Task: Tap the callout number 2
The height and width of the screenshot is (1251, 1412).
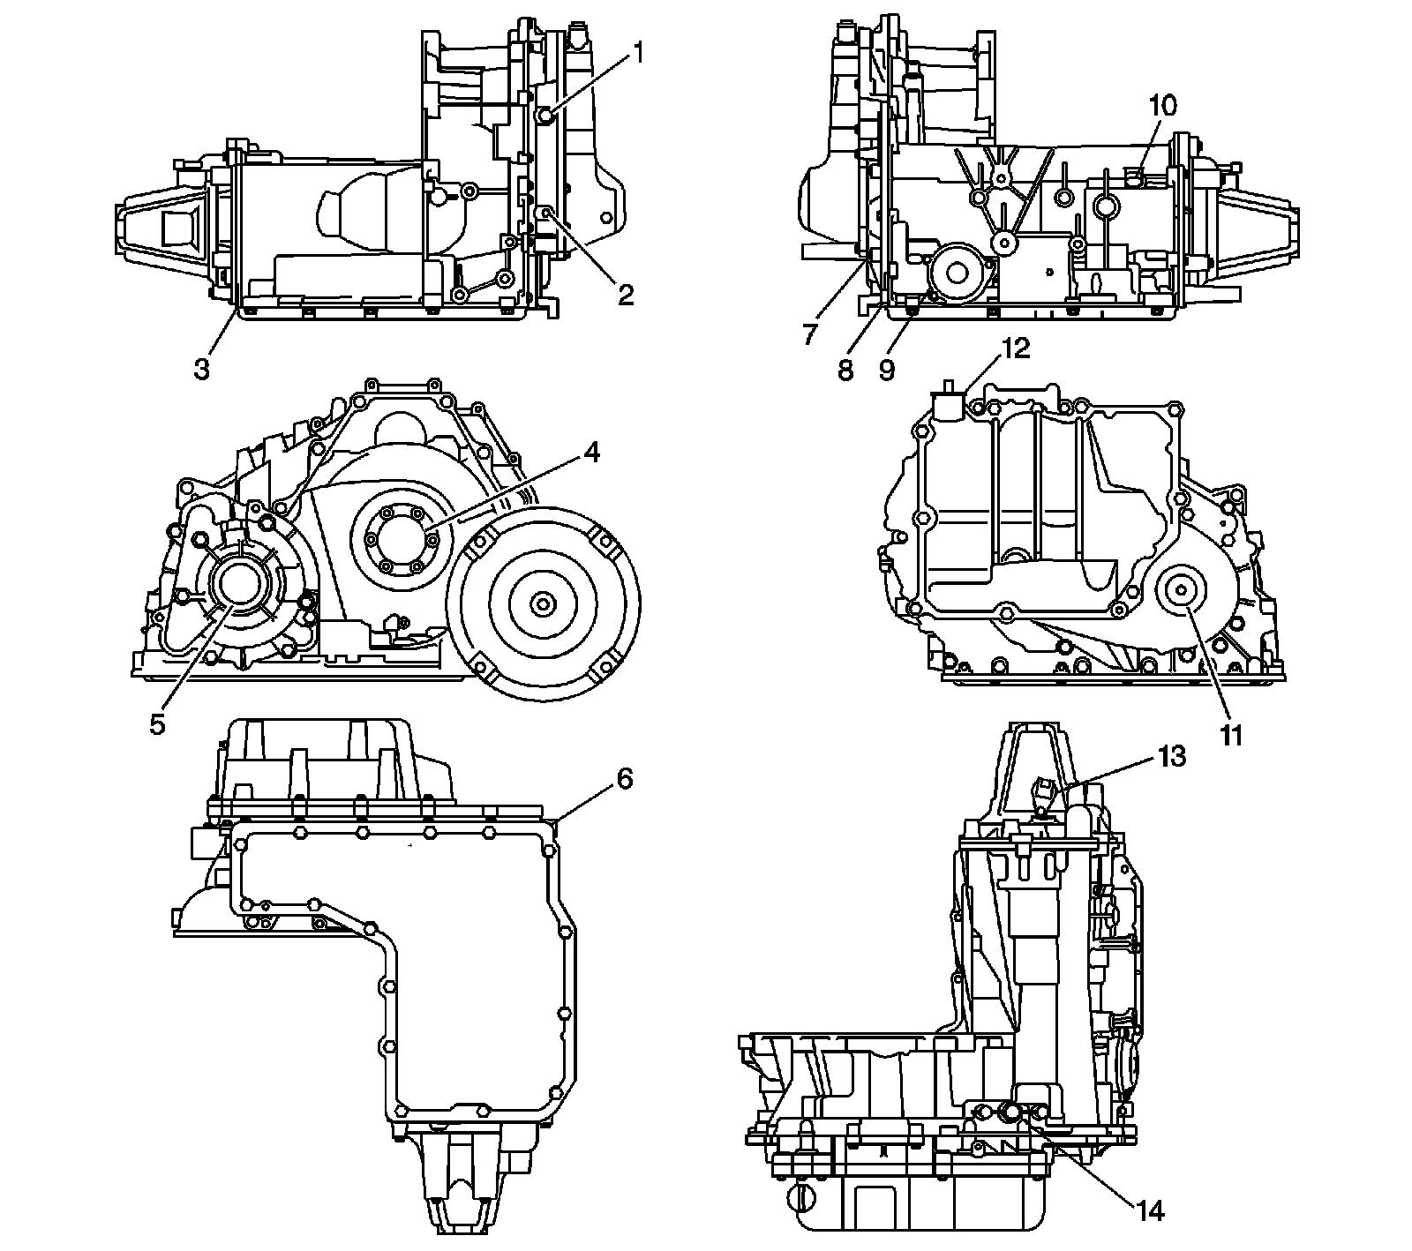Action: pos(626,296)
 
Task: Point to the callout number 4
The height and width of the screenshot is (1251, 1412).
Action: pos(591,453)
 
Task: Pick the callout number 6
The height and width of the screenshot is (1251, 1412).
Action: pos(623,780)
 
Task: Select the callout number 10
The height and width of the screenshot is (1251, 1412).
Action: pos(1162,106)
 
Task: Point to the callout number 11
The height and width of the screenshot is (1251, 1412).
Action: pos(1231,735)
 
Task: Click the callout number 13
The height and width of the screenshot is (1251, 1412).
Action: pos(1172,756)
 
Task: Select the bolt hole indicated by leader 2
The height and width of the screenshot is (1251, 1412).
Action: pos(546,213)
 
